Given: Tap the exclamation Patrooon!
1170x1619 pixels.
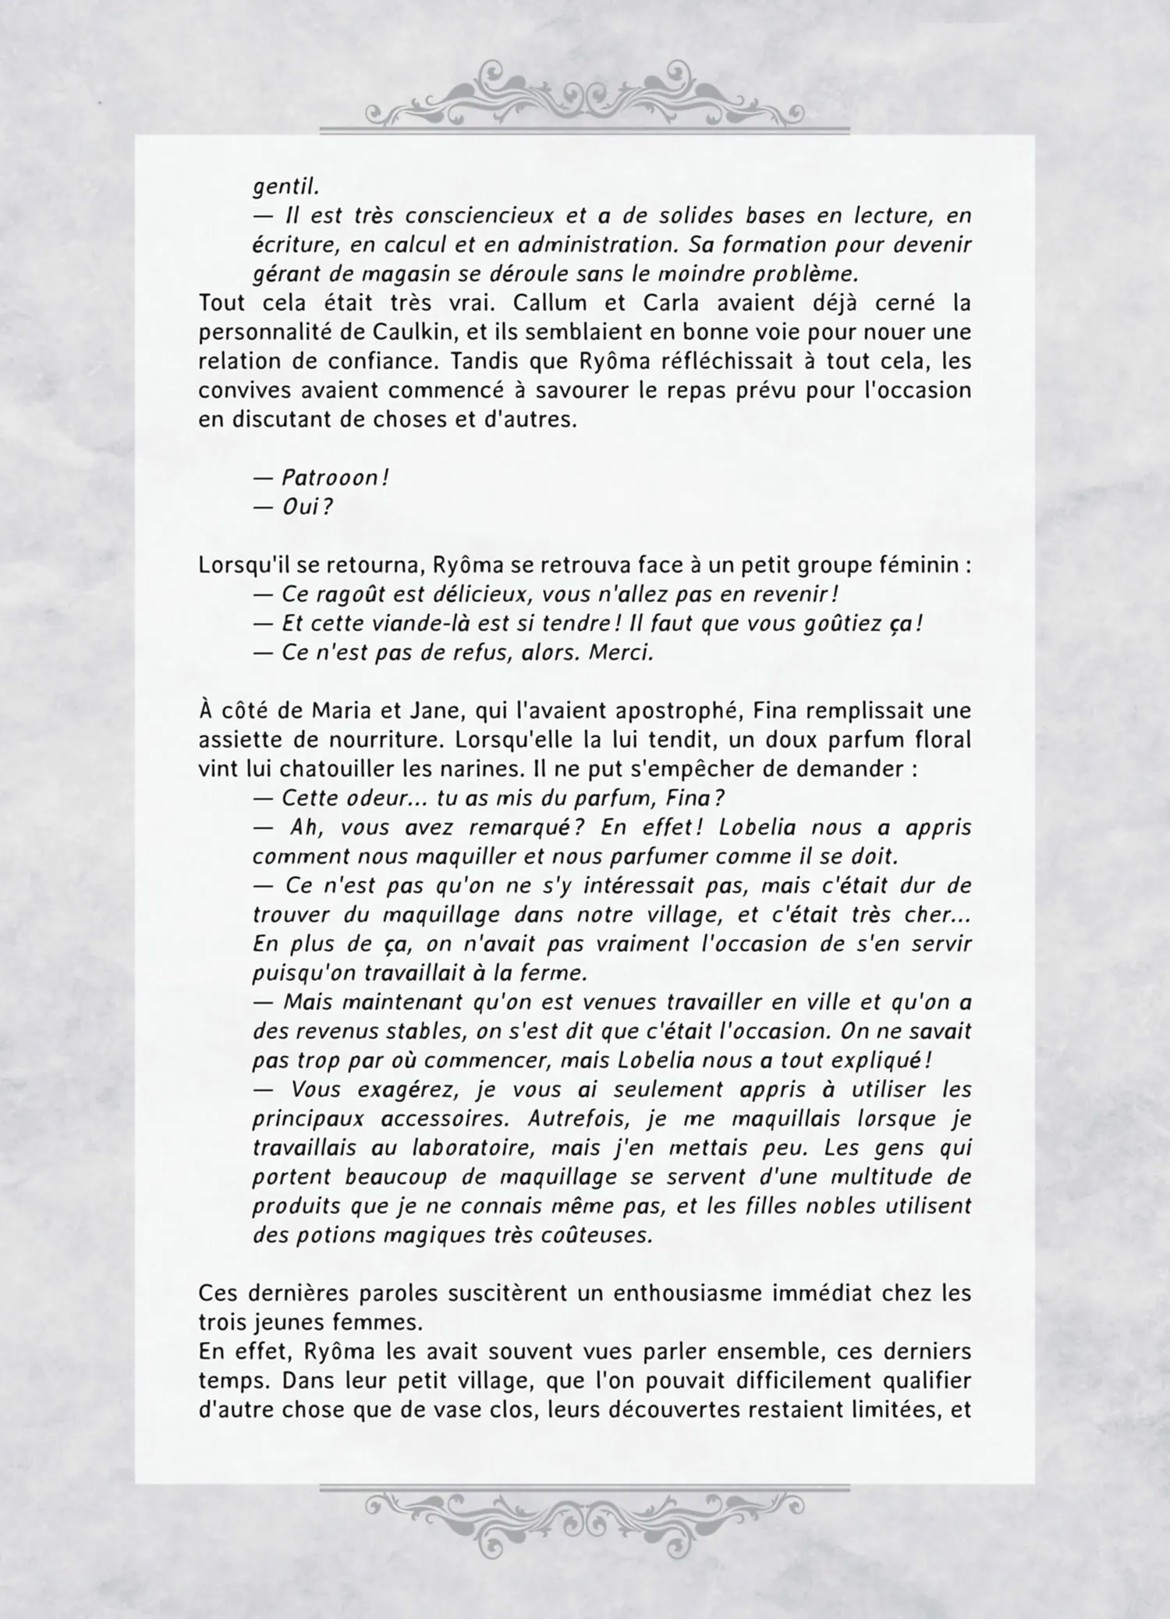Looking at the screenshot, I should click(x=335, y=478).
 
